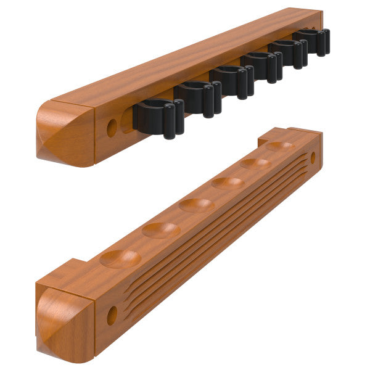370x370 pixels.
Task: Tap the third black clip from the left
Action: pyautogui.click(x=231, y=80)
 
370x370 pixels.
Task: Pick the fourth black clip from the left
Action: pyautogui.click(x=262, y=65)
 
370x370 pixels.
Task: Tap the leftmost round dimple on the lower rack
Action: pyautogui.click(x=120, y=258)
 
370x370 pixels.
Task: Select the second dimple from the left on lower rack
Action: pyautogui.click(x=161, y=230)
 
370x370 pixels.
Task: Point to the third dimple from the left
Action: pyautogui.click(x=197, y=205)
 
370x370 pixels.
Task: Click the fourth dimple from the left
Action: pyautogui.click(x=228, y=183)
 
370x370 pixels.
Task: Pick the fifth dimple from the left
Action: pyautogui.click(x=255, y=163)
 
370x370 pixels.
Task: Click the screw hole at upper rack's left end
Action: pyautogui.click(x=112, y=128)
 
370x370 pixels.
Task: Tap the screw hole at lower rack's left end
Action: pyautogui.click(x=112, y=315)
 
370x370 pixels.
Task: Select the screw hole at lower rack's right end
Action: pyautogui.click(x=313, y=158)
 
